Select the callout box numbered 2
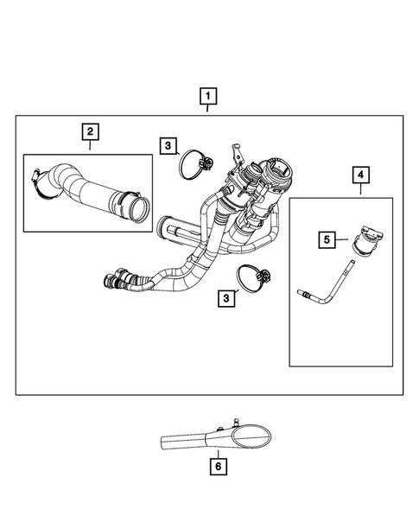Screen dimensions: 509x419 (x=89, y=132)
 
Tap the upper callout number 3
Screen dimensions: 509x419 (x=168, y=146)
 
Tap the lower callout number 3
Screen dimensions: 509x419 (x=225, y=298)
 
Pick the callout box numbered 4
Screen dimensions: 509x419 (x=359, y=175)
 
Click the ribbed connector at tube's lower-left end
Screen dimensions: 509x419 (x=112, y=280)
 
